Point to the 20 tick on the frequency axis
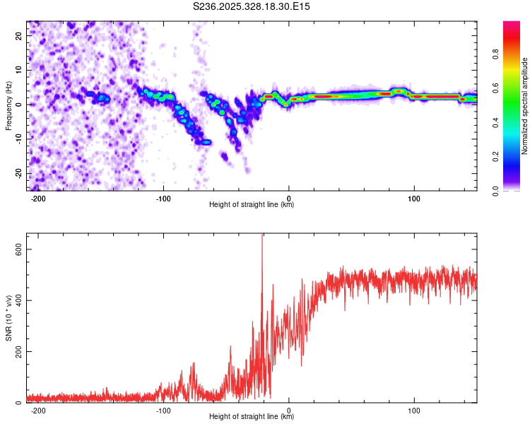click(x=20, y=35)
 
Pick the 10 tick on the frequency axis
click(x=20, y=70)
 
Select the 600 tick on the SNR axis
click(x=16, y=249)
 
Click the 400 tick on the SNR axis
click(x=16, y=300)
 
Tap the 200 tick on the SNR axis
click(x=16, y=351)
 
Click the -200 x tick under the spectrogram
click(x=39, y=199)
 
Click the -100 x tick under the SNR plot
click(x=163, y=411)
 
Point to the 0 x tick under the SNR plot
click(x=289, y=411)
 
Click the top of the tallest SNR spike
click(x=262, y=235)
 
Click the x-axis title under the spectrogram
click(x=252, y=205)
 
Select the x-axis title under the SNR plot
click(x=252, y=417)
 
